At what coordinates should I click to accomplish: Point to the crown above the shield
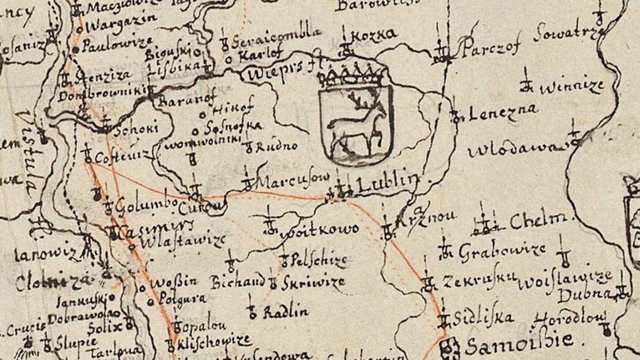click(x=354, y=71)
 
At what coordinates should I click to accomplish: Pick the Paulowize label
click(x=118, y=44)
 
